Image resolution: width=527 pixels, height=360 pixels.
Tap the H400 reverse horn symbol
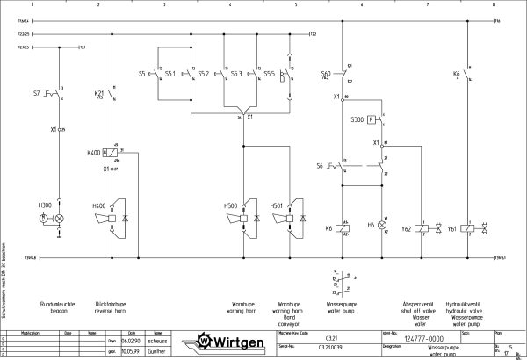[112, 217]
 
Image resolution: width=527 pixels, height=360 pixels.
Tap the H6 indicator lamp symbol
[381, 226]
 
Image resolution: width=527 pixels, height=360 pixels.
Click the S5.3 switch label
[235, 74]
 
